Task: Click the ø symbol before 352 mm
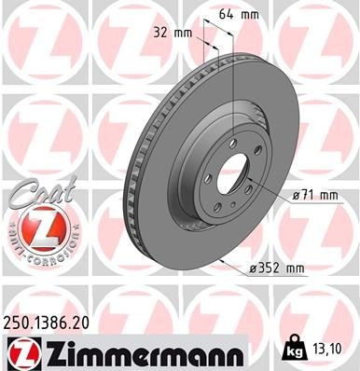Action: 255,270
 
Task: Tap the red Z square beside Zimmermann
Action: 19,352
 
